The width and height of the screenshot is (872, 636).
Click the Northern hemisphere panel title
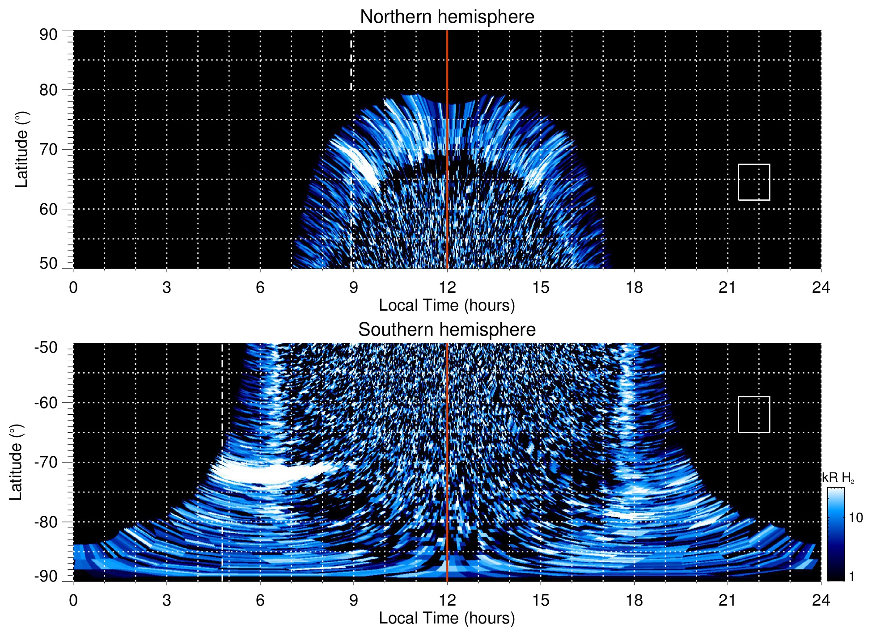tap(447, 17)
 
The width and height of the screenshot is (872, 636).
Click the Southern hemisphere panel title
tap(447, 330)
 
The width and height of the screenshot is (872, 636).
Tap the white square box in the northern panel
tap(753, 182)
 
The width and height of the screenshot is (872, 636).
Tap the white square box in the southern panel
tap(753, 414)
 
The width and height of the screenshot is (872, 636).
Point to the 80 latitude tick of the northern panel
tap(48, 90)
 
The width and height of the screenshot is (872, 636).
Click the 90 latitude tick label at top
tap(48, 35)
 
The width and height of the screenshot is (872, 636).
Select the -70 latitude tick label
tap(46, 462)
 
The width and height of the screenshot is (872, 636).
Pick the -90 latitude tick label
tap(46, 576)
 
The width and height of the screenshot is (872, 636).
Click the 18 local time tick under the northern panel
tap(634, 287)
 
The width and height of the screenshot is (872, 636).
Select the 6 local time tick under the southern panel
tap(260, 600)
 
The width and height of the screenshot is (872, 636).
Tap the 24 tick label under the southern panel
tap(821, 600)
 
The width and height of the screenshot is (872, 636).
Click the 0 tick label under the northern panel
tap(73, 287)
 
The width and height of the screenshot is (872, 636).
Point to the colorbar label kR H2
tap(838, 478)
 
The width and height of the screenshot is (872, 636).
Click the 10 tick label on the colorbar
tap(855, 518)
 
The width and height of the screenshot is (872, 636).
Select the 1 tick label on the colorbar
tap(851, 576)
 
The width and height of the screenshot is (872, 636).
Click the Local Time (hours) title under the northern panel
tap(447, 305)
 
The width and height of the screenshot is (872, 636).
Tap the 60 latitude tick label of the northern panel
tap(48, 209)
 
